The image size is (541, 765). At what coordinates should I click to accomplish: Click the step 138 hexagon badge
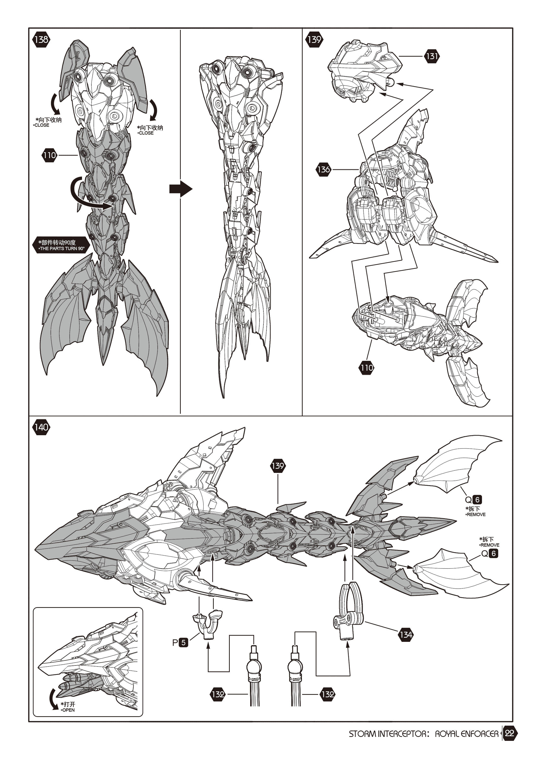click(x=41, y=40)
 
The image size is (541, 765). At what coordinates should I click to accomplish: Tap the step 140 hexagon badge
click(x=41, y=427)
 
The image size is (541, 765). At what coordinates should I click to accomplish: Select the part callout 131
click(x=432, y=56)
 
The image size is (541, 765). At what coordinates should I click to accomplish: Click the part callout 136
click(x=324, y=169)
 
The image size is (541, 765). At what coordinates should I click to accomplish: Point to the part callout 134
click(x=406, y=635)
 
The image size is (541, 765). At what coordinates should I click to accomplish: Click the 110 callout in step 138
click(x=49, y=155)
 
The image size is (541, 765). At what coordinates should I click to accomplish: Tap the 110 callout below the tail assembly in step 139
click(x=366, y=367)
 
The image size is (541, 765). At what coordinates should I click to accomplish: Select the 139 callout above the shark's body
click(x=278, y=466)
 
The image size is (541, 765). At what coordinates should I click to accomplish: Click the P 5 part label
click(x=180, y=642)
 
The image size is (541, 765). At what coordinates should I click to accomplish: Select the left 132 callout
click(x=218, y=694)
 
